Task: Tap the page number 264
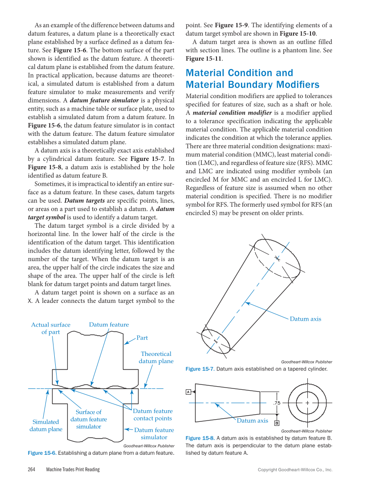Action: (32, 470)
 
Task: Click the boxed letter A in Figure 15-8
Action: (188, 392)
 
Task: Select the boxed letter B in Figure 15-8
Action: (277, 423)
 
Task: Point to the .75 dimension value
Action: (276, 403)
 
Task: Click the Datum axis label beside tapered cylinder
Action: (305, 319)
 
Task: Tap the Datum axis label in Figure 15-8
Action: (252, 421)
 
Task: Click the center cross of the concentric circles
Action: (307, 403)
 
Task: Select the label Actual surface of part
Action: (51, 328)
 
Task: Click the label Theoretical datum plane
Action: (156, 357)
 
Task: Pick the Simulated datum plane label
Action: (46, 425)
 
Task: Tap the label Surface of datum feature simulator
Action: (89, 419)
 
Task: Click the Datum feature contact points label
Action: (152, 415)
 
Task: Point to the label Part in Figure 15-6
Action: (142, 338)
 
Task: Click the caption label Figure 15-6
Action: (42, 453)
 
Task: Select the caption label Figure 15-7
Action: (200, 369)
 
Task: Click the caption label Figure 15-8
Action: (200, 438)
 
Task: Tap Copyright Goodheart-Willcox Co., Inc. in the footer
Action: (295, 470)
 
